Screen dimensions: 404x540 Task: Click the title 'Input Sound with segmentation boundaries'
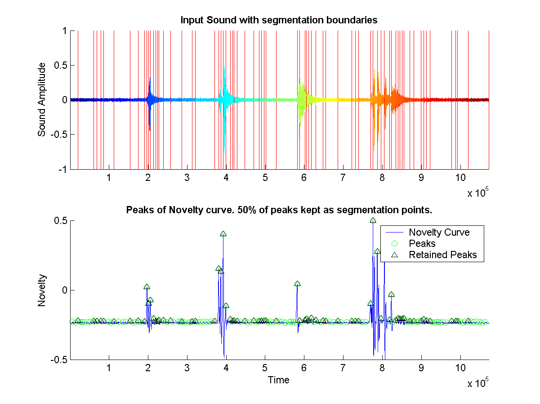tap(278, 20)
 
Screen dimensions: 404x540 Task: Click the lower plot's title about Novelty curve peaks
tap(279, 210)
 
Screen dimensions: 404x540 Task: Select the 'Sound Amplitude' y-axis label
tap(42, 100)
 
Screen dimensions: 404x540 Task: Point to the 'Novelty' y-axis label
tap(42, 290)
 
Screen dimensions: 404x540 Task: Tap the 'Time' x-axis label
tap(278, 380)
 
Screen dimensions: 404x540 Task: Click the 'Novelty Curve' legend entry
tap(439, 233)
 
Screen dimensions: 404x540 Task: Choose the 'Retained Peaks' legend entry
tap(442, 255)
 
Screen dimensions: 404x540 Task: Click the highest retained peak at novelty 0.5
tap(373, 220)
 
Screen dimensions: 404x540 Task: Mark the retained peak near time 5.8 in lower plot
tap(297, 284)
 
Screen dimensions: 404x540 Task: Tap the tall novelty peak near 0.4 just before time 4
tap(223, 234)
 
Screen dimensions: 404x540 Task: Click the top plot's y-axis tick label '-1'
tap(62, 169)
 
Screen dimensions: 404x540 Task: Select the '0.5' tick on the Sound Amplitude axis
tap(59, 66)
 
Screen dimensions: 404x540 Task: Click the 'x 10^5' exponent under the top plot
tap(477, 193)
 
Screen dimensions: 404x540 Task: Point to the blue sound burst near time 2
tap(150, 100)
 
